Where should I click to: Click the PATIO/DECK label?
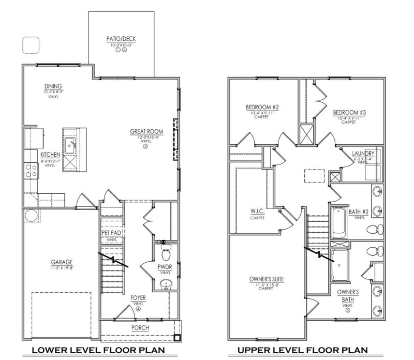point(121,39)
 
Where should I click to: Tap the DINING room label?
point(53,86)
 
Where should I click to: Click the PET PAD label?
point(112,234)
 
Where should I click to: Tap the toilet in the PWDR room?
point(166,253)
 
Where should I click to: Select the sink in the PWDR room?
point(166,283)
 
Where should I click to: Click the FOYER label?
point(138,298)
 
